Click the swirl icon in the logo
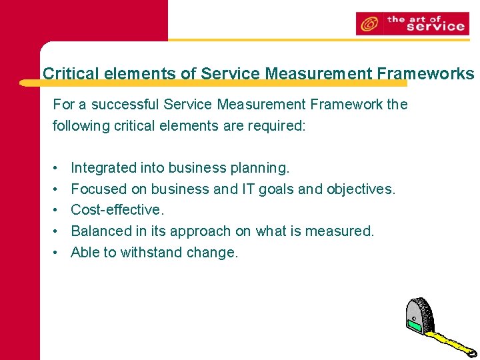point(367,25)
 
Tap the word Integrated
point(103,168)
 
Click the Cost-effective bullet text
point(117,210)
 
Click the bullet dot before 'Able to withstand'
point(57,252)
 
